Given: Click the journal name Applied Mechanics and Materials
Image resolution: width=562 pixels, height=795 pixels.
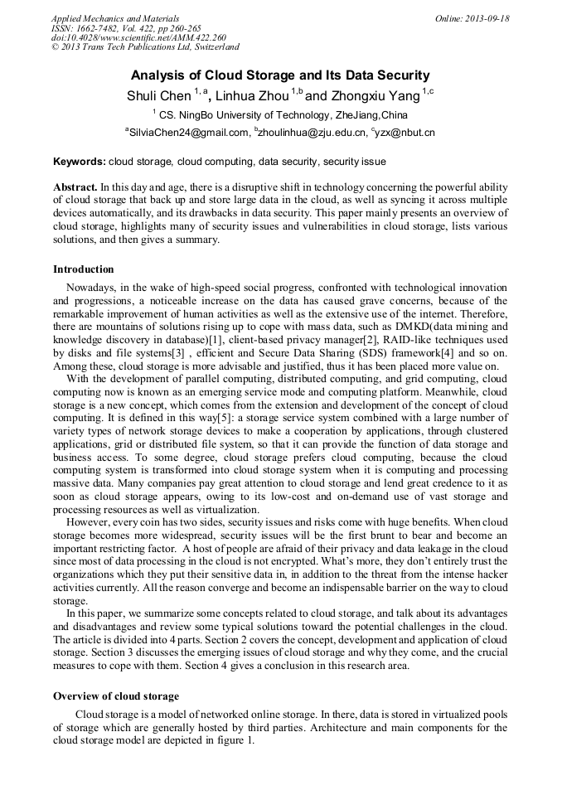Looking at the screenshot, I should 115,18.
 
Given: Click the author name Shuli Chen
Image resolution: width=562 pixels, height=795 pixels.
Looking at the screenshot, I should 158,96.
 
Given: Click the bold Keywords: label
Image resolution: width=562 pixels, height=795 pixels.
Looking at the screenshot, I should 80,162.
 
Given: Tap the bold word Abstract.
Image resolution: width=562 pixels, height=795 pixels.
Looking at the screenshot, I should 75,188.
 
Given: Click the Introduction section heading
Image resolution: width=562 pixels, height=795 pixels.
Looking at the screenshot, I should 83,269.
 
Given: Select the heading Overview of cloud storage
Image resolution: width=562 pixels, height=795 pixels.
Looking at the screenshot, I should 116,696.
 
